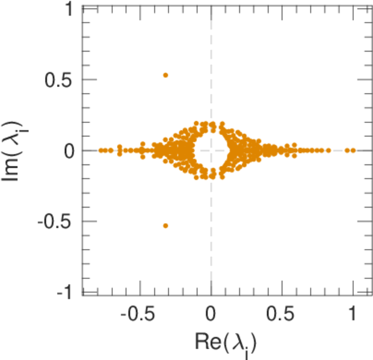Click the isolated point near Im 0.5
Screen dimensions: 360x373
click(x=166, y=75)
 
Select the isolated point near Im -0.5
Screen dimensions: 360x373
click(x=166, y=226)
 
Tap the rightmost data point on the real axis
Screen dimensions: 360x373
click(x=353, y=150)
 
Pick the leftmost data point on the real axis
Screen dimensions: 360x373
click(x=101, y=150)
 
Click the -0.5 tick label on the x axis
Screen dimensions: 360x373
click(x=140, y=314)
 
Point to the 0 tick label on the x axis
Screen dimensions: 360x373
click(x=211, y=314)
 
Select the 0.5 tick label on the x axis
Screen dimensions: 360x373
click(x=282, y=314)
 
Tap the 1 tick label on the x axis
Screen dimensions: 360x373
click(x=353, y=314)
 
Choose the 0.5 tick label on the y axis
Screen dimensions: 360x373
click(x=60, y=80)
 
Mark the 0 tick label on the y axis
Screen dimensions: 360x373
click(x=70, y=151)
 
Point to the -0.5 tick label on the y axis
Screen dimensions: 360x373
click(x=58, y=221)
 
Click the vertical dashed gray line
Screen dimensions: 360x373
click(x=211, y=240)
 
